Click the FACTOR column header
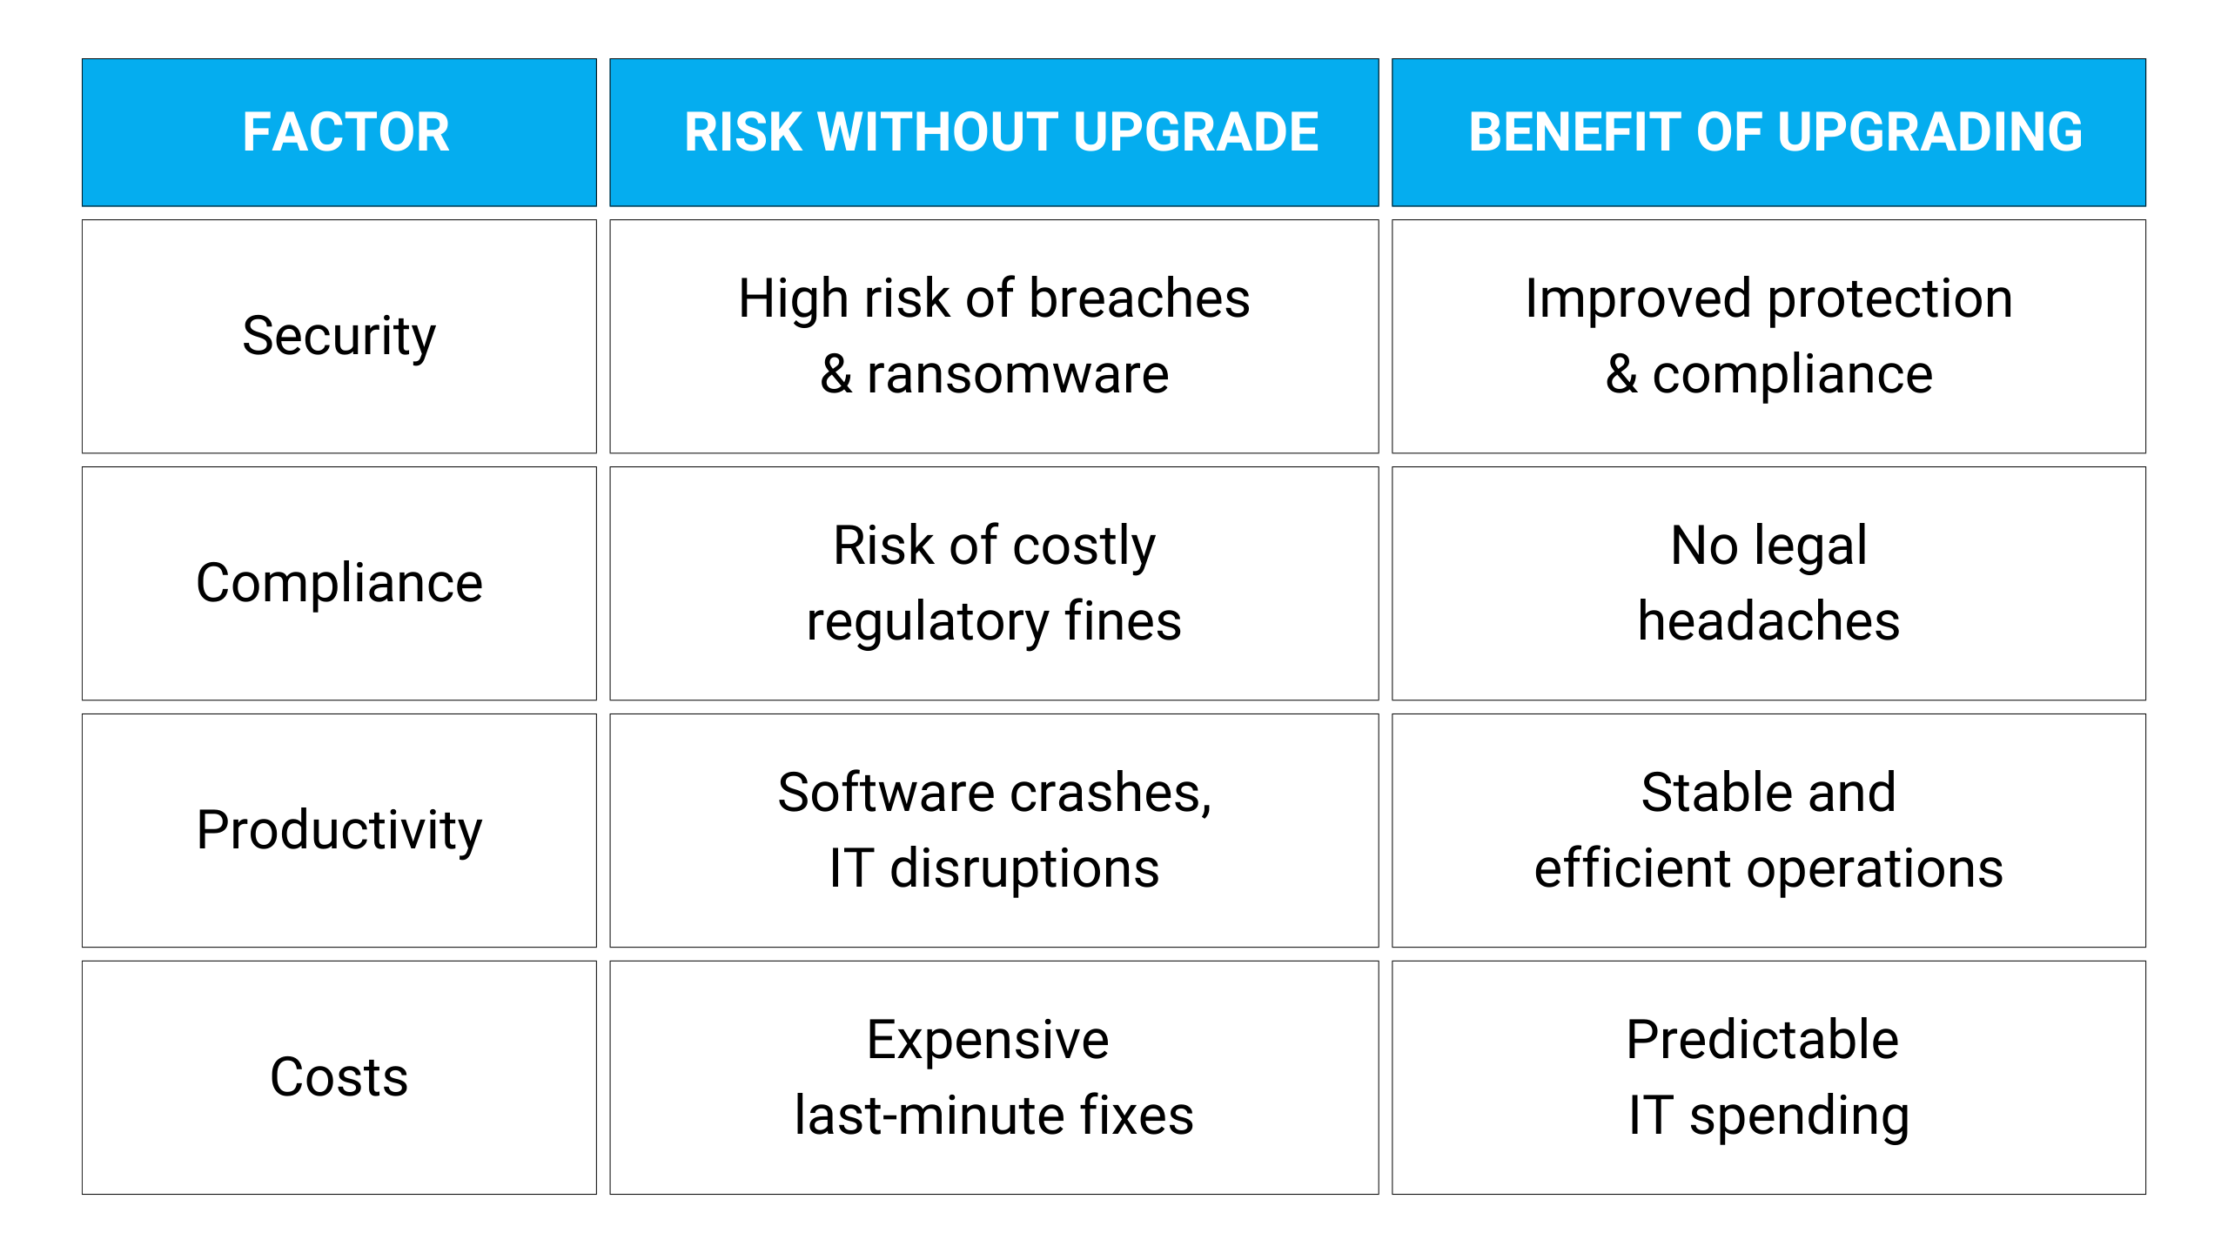[x=346, y=132]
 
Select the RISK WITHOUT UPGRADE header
[x=1001, y=132]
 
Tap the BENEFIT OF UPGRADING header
[x=1775, y=132]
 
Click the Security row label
[x=339, y=338]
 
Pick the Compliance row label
[x=339, y=584]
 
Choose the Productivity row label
[x=339, y=831]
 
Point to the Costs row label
[x=339, y=1077]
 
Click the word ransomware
[x=1017, y=376]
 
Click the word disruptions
[x=1024, y=869]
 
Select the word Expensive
[x=988, y=1042]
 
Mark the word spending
[x=1799, y=1118]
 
